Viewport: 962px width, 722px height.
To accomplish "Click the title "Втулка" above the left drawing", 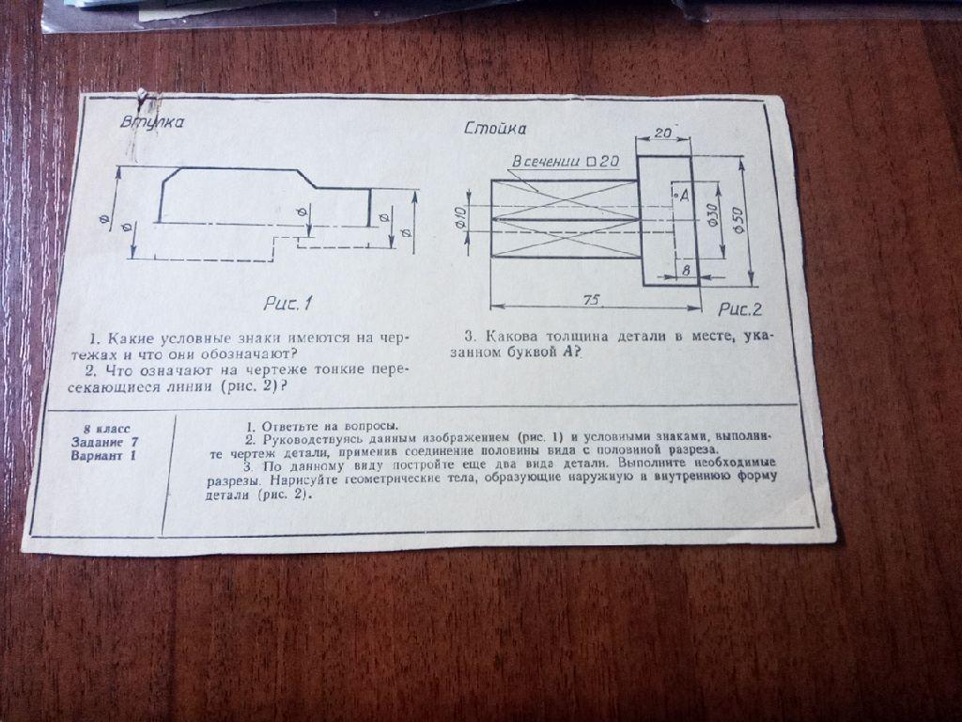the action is tap(152, 122).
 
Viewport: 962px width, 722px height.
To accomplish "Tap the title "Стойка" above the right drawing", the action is tap(495, 129).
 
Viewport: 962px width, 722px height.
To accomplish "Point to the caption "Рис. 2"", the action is tap(740, 309).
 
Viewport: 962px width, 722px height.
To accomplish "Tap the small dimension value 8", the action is tap(685, 270).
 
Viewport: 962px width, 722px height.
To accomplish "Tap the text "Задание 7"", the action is tap(102, 442).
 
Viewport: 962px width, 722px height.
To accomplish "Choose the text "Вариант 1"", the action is tap(101, 456).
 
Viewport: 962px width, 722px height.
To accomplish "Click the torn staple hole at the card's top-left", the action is tap(143, 94).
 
